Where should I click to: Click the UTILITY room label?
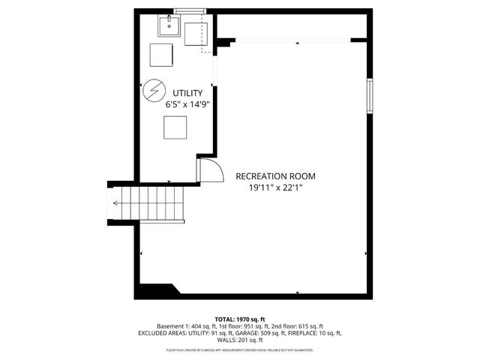pyautogui.click(x=187, y=93)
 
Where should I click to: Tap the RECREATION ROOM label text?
pyautogui.click(x=275, y=176)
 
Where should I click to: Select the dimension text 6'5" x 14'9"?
pyautogui.click(x=187, y=105)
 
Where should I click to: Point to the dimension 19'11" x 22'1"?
pyautogui.click(x=275, y=188)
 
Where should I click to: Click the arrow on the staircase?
pyautogui.click(x=118, y=203)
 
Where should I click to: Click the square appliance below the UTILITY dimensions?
pyautogui.click(x=175, y=130)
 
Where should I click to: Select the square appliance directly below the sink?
pyautogui.click(x=161, y=55)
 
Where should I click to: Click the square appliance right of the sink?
pyautogui.click(x=196, y=34)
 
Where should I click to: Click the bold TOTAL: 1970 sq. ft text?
pyautogui.click(x=240, y=319)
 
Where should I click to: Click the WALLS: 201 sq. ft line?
pyautogui.click(x=240, y=340)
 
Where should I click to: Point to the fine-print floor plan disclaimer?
pyautogui.click(x=240, y=350)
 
